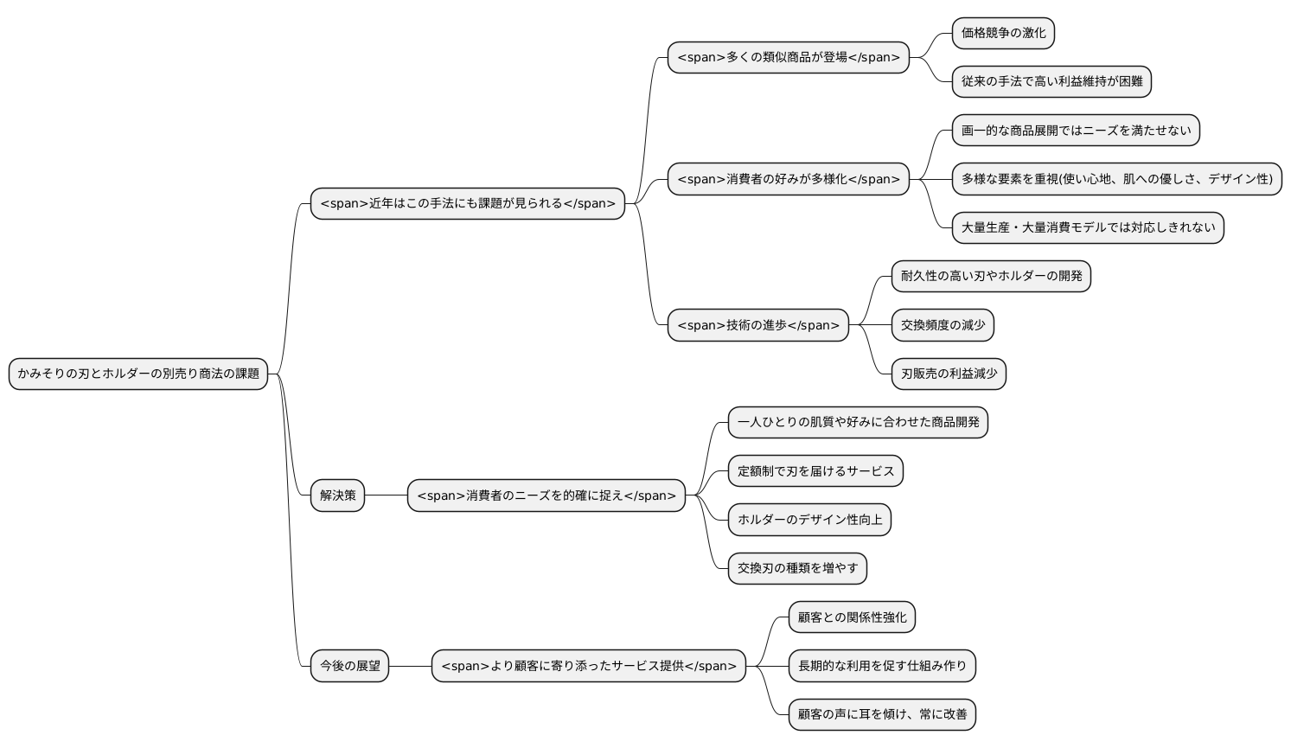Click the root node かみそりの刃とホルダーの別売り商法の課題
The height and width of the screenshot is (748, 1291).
click(x=138, y=374)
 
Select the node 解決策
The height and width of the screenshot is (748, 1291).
click(x=337, y=495)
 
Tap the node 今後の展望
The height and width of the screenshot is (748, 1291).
click(x=349, y=666)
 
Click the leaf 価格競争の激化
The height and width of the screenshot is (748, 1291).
click(x=1003, y=33)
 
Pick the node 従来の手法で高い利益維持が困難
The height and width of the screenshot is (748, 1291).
click(x=1051, y=81)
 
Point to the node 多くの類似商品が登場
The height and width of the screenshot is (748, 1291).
click(x=788, y=57)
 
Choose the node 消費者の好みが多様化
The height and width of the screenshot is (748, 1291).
click(x=788, y=179)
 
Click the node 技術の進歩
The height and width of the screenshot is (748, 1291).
click(x=757, y=325)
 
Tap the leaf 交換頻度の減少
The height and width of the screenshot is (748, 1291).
click(x=943, y=325)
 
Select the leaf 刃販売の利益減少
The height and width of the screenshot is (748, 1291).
click(x=949, y=374)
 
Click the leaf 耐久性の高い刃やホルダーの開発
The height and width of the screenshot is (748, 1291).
click(x=991, y=276)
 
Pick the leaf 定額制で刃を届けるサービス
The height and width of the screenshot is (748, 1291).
click(x=815, y=471)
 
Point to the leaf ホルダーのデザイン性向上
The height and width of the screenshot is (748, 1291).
click(x=809, y=520)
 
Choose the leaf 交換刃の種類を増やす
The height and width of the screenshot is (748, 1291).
click(x=797, y=568)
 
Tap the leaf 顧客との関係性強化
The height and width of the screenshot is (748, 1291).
click(x=852, y=617)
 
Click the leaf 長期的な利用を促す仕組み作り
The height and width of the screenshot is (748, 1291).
click(x=882, y=666)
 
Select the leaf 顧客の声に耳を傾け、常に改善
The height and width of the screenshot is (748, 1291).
click(x=882, y=714)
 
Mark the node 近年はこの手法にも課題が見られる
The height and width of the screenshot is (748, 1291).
click(x=467, y=203)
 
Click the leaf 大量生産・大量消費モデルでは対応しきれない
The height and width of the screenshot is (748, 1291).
click(x=1088, y=227)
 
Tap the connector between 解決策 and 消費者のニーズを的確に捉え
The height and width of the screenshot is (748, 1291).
click(x=386, y=495)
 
